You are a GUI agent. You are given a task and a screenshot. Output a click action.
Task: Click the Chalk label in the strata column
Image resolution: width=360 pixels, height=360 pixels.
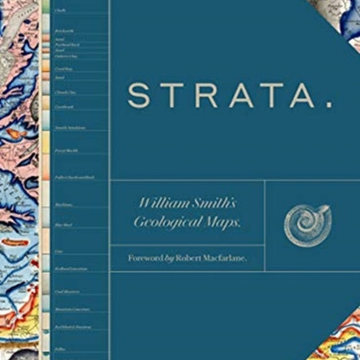point(60,11)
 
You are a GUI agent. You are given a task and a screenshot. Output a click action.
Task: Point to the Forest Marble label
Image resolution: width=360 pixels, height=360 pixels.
point(65,151)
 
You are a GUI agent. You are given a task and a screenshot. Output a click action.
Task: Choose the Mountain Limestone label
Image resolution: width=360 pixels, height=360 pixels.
point(70,309)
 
